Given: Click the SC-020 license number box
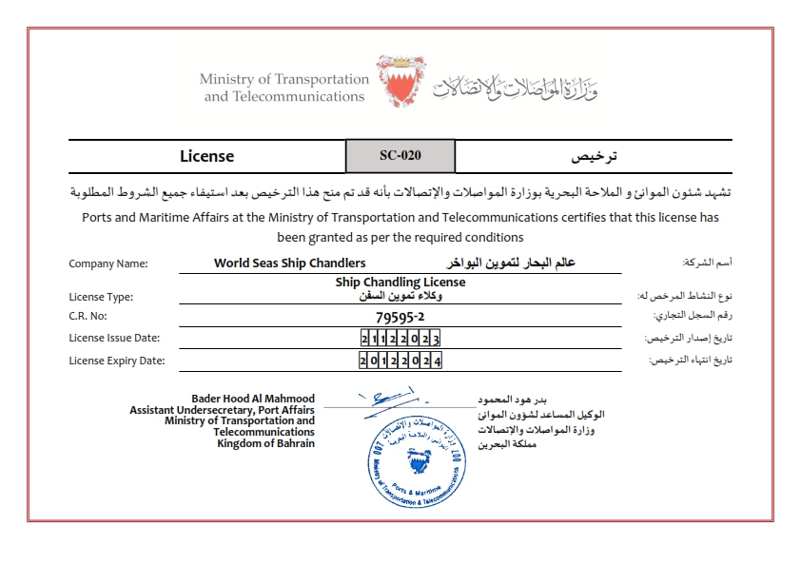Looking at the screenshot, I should pos(400,156).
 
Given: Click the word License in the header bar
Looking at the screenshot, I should pos(206,156).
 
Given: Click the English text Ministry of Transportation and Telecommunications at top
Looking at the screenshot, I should pos(283,88).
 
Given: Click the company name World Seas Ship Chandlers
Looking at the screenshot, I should pos(289,263).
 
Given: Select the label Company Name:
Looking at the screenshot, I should pos(108,264).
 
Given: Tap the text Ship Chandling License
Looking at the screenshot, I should pos(400,283).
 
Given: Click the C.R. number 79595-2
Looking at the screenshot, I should pos(400,316).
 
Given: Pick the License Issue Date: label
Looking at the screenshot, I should pos(114,338).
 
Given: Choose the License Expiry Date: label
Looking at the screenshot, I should pos(117,361).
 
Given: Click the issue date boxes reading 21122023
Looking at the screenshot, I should pos(400,339).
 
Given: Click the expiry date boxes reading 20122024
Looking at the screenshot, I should pos(400,361).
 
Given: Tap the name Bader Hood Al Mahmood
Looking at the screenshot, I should pos(253,399).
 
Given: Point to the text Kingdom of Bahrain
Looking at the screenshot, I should pos(265,443).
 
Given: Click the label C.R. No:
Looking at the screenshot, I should pos(89,316).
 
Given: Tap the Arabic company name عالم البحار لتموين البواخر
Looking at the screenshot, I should pos(512,263).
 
